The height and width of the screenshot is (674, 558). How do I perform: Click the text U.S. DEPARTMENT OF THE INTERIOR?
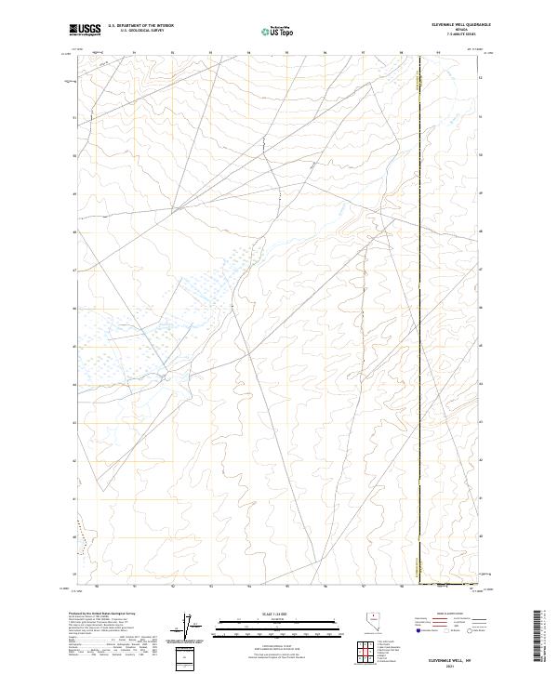point(140,25)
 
